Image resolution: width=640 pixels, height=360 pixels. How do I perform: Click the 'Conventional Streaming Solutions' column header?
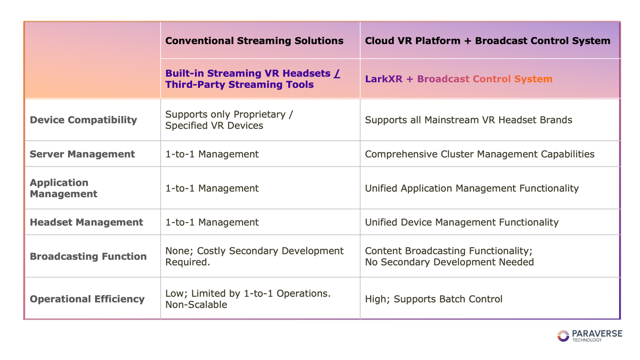pyautogui.click(x=254, y=41)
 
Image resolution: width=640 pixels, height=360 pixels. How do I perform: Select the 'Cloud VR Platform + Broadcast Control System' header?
pyautogui.click(x=487, y=41)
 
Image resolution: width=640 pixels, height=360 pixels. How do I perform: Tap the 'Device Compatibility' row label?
pyautogui.click(x=83, y=120)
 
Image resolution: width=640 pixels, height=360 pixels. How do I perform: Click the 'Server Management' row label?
pyautogui.click(x=82, y=154)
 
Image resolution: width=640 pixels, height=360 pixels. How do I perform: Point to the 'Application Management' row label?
pyautogui.click(x=63, y=188)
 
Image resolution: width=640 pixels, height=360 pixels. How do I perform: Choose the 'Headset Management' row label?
pyautogui.click(x=86, y=222)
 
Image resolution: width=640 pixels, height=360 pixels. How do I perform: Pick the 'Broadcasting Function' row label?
pyautogui.click(x=88, y=256)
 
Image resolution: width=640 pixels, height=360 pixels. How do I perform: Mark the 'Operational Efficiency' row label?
pyautogui.click(x=87, y=299)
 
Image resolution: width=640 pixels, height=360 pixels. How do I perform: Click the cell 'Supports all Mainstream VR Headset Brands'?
pyautogui.click(x=468, y=120)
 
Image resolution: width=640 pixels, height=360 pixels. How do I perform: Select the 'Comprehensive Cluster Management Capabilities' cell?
pyautogui.click(x=479, y=154)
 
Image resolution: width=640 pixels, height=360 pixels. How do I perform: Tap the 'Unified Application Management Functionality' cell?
pyautogui.click(x=471, y=188)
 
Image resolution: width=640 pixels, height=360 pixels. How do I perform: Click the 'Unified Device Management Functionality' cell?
pyautogui.click(x=461, y=222)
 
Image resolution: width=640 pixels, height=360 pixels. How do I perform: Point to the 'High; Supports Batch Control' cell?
pyautogui.click(x=433, y=299)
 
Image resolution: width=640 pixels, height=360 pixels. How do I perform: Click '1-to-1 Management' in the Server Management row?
pyautogui.click(x=212, y=154)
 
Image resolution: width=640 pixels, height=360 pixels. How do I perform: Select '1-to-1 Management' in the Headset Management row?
pyautogui.click(x=212, y=222)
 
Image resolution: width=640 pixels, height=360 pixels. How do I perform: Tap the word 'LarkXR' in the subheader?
pyautogui.click(x=383, y=79)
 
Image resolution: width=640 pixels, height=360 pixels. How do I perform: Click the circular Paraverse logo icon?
pyautogui.click(x=563, y=335)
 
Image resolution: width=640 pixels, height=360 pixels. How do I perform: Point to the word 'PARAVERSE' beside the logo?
pyautogui.click(x=597, y=333)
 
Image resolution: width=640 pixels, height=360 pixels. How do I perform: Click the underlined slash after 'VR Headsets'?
pyautogui.click(x=337, y=73)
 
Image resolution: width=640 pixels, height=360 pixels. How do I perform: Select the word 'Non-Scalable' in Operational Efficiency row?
pyautogui.click(x=196, y=305)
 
